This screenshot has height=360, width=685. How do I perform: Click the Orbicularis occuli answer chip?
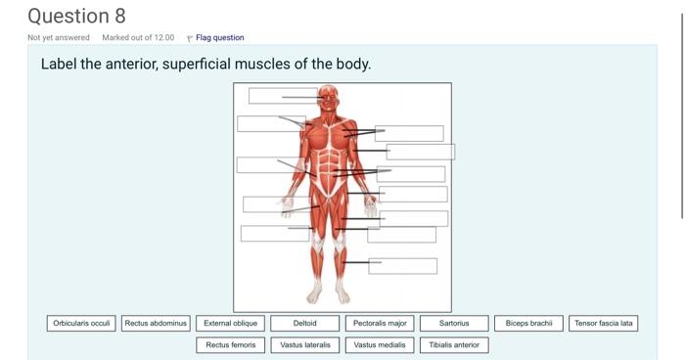82,323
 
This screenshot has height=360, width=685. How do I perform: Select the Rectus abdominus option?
157,323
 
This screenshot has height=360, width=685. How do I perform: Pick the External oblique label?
231,323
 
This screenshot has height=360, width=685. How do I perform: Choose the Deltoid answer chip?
305,323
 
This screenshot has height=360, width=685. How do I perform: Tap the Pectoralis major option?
380,323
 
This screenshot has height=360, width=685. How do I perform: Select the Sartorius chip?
454,323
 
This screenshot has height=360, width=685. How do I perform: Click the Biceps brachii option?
528,323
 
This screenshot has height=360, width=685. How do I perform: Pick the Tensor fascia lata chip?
603,323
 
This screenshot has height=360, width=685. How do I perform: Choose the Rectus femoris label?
231,344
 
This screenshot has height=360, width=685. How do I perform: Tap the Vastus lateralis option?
305,344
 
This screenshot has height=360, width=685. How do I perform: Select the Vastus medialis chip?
380,344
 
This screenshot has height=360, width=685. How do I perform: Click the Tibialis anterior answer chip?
454,344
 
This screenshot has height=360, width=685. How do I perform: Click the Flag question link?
219,38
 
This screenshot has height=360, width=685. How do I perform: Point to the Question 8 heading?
76,16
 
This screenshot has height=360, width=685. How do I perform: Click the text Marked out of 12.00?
138,38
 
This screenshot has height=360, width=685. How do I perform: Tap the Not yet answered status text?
59,38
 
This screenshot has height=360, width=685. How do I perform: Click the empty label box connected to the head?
283,96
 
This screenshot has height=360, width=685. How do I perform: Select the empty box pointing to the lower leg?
402,266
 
